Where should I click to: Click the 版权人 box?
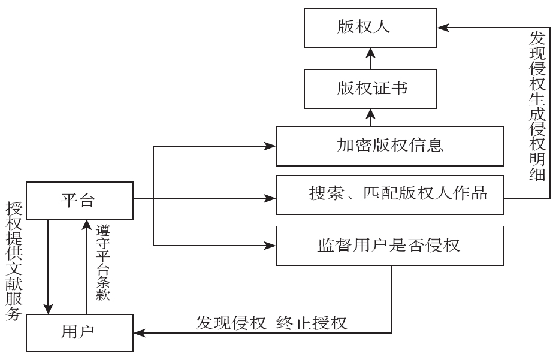(x=370, y=28)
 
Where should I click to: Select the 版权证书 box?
(x=370, y=89)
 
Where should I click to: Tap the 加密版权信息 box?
(x=389, y=146)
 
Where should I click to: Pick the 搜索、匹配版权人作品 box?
(x=389, y=195)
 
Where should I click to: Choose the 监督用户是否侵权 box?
(x=389, y=245)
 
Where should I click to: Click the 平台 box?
(x=78, y=199)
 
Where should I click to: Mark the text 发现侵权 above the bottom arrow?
(x=230, y=322)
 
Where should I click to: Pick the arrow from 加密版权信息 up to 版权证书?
(x=370, y=117)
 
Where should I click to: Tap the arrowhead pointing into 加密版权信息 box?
(x=270, y=146)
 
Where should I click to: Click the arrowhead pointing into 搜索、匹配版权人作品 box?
(x=270, y=196)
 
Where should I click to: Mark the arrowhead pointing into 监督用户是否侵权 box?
(x=270, y=245)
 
